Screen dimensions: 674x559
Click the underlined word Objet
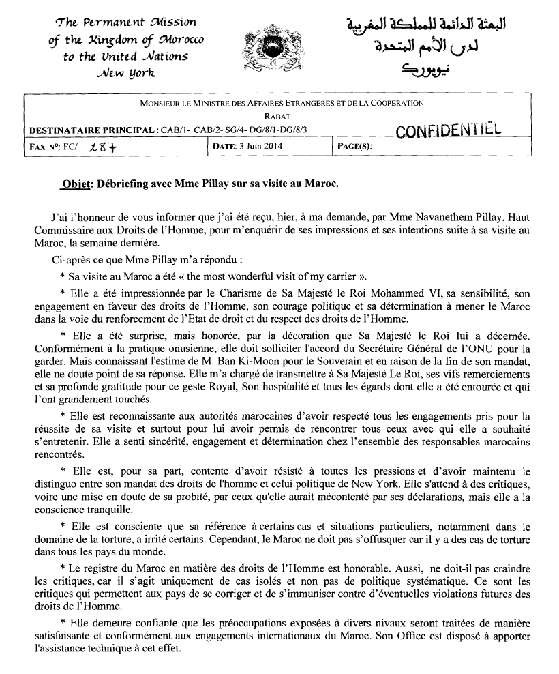(75, 184)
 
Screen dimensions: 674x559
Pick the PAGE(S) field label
(355, 145)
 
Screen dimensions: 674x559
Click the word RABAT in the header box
(281, 116)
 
